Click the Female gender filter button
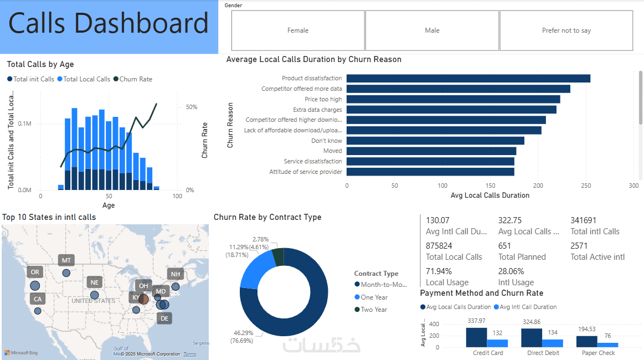(298, 30)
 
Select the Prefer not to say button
(566, 30)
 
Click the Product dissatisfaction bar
(468, 79)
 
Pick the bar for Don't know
(435, 141)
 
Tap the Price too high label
(323, 99)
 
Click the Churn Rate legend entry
(135, 79)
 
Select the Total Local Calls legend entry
(86, 79)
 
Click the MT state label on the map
(66, 260)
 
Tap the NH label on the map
(176, 274)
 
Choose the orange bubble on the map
(143, 299)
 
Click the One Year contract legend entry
(374, 297)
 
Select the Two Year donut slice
(278, 256)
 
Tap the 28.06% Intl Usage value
(510, 271)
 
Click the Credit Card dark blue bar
(476, 337)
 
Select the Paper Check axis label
(598, 353)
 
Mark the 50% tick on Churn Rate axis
(192, 107)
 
